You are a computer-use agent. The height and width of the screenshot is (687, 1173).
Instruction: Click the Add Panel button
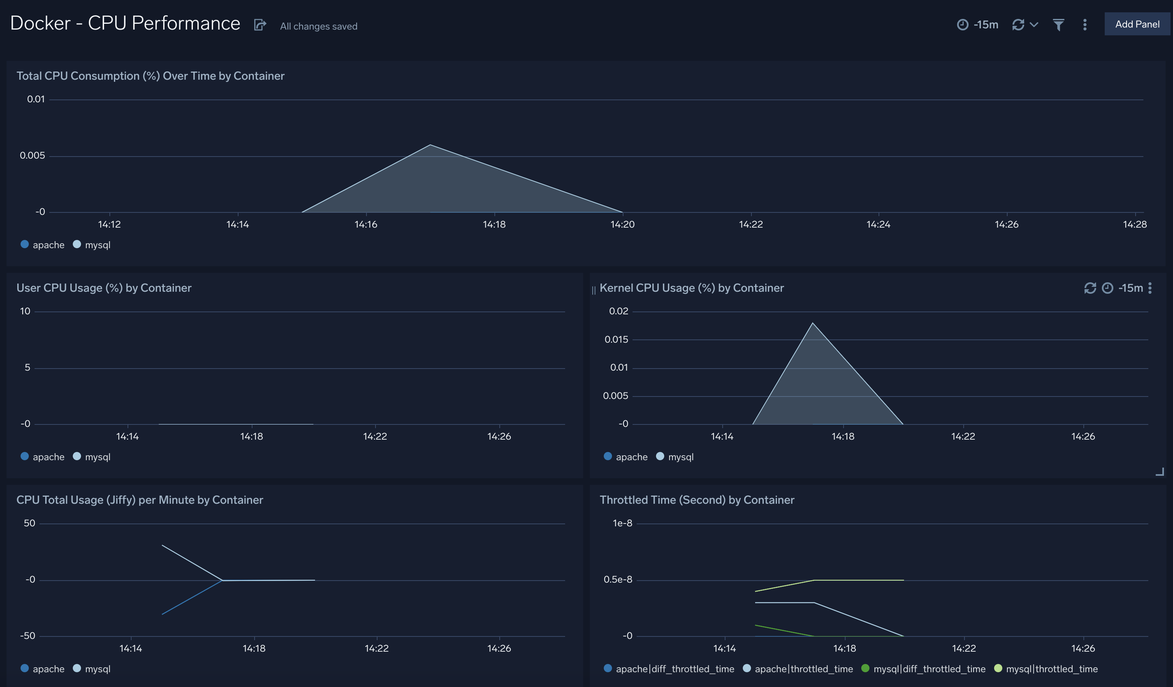pyautogui.click(x=1137, y=24)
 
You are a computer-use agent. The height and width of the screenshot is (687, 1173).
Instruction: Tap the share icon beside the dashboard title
pyautogui.click(x=260, y=25)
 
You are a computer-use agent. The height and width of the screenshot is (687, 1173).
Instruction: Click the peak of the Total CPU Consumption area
pyautogui.click(x=430, y=145)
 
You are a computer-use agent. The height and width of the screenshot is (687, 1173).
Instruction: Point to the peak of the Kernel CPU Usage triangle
pyautogui.click(x=812, y=323)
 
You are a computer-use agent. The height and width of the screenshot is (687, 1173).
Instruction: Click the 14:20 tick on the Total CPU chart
pyautogui.click(x=622, y=224)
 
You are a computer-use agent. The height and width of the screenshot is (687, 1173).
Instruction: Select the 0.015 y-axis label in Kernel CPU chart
pyautogui.click(x=616, y=339)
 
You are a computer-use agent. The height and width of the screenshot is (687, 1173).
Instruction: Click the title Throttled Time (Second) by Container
pyautogui.click(x=696, y=500)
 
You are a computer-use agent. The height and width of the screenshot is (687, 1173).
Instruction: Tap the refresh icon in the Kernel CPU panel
pyautogui.click(x=1090, y=288)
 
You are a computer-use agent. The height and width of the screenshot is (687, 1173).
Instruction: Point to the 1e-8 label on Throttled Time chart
pyautogui.click(x=622, y=523)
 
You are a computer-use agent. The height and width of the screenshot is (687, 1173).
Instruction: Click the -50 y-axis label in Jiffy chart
pyautogui.click(x=28, y=636)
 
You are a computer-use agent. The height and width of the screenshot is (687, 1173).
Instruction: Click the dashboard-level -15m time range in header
pyautogui.click(x=985, y=25)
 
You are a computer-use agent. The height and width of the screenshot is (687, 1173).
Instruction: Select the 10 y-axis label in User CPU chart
pyautogui.click(x=25, y=311)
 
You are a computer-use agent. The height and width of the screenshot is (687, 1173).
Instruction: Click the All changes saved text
pyautogui.click(x=318, y=27)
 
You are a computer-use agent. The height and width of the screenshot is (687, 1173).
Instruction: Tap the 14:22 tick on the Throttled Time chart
pyautogui.click(x=964, y=648)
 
